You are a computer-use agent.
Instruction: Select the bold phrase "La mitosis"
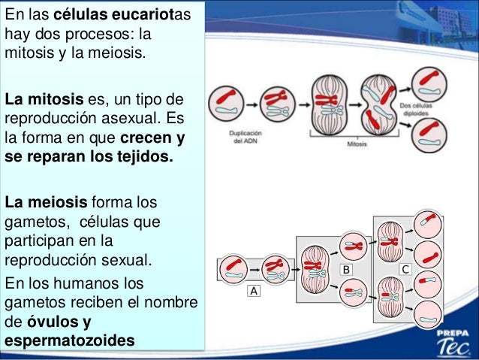point(38,100)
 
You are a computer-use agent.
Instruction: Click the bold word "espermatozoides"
point(70,341)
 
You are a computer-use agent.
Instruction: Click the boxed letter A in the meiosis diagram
point(254,292)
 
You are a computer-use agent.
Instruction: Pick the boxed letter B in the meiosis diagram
point(347,268)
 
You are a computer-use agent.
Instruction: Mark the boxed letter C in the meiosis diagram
point(405,268)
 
